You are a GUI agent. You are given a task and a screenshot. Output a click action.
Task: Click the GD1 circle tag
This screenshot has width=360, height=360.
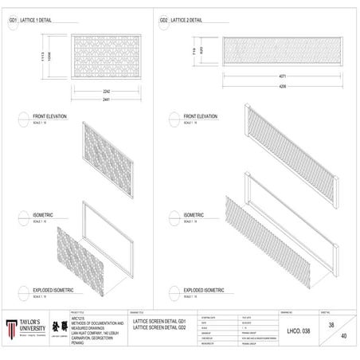13,20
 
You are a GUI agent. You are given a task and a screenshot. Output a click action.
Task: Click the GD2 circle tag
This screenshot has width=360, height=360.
163,20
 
